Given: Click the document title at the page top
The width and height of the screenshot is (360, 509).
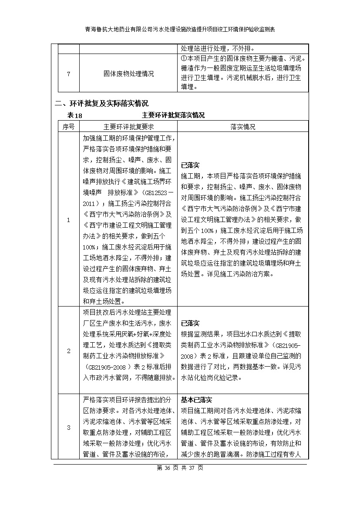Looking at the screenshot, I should tap(180, 29).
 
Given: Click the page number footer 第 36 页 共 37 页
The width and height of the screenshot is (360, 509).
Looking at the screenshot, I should tap(180, 468).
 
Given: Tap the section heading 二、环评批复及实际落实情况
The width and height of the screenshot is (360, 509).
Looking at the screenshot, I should tap(101, 104).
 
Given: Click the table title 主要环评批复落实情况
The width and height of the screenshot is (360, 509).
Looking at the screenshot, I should tap(173, 115).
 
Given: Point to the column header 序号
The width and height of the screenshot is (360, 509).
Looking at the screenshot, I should tap(68, 127).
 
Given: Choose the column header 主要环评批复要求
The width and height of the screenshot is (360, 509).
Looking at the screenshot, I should tap(128, 127).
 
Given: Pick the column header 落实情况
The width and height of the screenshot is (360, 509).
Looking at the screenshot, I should tap(243, 127).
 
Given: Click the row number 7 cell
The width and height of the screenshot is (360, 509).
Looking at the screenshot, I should tap(68, 74).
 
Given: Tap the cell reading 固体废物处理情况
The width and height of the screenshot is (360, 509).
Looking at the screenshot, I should tap(128, 74).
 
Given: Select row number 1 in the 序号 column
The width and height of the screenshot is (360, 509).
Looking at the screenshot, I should tap(68, 220).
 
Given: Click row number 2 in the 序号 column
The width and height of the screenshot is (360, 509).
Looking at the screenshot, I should tap(68, 351).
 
